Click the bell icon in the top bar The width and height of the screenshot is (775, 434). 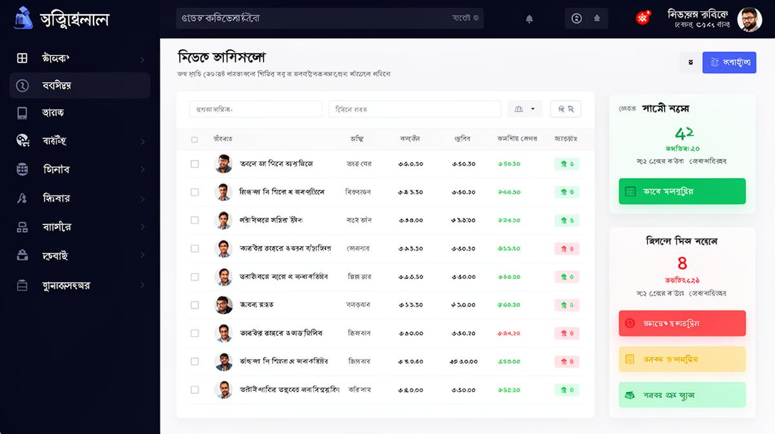(530, 19)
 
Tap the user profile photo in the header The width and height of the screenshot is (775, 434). (750, 19)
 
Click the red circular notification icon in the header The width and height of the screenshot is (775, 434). (643, 18)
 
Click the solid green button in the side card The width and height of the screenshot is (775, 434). (682, 192)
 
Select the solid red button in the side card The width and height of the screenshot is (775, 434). (682, 323)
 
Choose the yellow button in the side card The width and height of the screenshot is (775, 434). (682, 359)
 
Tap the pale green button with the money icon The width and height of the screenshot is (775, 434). (682, 395)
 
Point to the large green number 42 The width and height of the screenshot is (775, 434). (683, 134)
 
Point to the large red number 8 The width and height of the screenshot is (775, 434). (682, 263)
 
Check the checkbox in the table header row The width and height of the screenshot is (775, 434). (195, 139)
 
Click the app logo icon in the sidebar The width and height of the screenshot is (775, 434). (23, 18)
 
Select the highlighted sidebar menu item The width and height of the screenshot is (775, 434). (79, 85)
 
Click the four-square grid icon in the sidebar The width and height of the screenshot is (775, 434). (23, 58)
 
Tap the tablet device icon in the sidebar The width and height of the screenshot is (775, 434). (23, 113)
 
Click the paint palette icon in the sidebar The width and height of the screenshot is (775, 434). (23, 141)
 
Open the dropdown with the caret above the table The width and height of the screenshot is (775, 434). (524, 109)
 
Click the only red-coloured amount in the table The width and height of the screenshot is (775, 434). (508, 333)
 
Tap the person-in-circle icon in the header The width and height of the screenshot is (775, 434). (577, 18)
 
